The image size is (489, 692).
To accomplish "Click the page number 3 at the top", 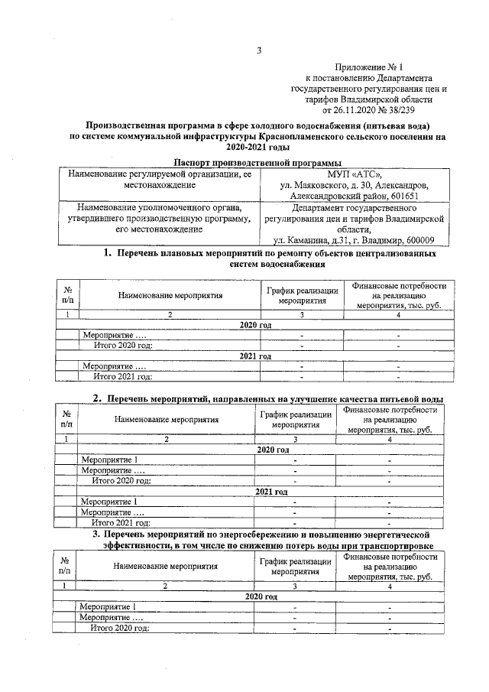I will tap(259, 51).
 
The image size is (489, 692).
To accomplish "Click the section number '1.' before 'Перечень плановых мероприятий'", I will tap(108, 252).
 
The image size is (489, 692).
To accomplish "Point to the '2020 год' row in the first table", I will tap(255, 325).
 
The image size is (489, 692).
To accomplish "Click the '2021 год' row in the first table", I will tap(255, 356).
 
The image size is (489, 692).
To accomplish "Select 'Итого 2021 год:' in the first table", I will tap(122, 375).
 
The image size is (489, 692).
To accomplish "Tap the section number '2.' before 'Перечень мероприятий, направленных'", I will tap(98, 398).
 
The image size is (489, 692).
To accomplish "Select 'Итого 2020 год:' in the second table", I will tap(121, 481).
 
